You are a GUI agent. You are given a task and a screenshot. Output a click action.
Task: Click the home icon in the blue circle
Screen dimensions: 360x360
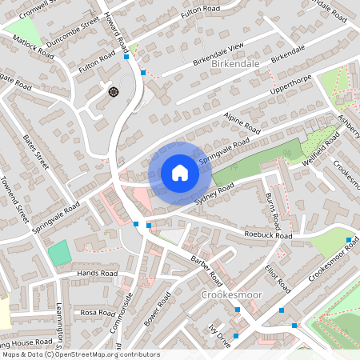[x=179, y=173]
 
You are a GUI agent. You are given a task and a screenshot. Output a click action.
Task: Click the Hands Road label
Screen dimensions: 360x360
[x=97, y=273]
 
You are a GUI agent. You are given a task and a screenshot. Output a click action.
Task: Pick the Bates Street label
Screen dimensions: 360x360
[x=37, y=153]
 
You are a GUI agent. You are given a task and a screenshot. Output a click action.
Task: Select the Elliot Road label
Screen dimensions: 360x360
[x=277, y=272]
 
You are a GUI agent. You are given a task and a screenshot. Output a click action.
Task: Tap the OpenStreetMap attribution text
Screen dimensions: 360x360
[x=80, y=354]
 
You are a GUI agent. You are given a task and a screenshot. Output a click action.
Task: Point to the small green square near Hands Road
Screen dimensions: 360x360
[x=58, y=253]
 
